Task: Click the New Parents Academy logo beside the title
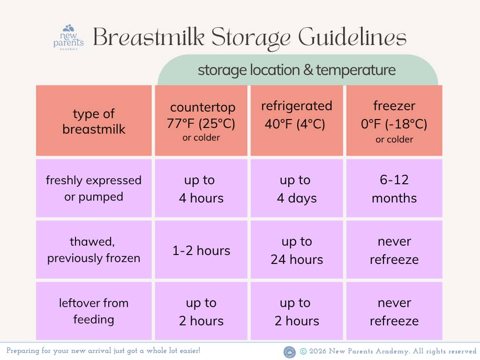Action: tap(68, 37)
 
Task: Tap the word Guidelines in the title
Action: tap(352, 37)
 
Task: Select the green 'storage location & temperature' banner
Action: tap(298, 70)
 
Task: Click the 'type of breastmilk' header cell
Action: tap(94, 120)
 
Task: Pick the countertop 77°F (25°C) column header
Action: tap(201, 120)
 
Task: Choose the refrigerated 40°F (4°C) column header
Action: tap(297, 120)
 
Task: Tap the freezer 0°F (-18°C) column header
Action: tap(394, 120)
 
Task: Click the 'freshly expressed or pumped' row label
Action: tap(94, 188)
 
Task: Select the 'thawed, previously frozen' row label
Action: tap(94, 250)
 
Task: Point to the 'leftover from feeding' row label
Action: tap(94, 311)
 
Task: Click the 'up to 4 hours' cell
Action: tap(201, 188)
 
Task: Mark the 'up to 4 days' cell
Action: tap(297, 188)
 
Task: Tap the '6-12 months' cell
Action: tap(394, 188)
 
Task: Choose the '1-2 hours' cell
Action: tap(201, 250)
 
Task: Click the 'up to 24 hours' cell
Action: tap(297, 250)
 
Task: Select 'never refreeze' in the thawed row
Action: tap(394, 250)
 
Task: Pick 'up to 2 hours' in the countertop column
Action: tap(201, 311)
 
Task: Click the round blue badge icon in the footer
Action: tap(290, 352)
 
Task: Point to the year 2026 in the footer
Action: tap(317, 351)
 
